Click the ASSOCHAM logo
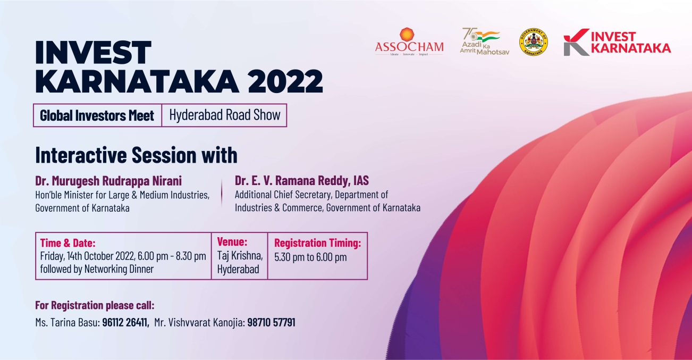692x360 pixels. click(x=409, y=41)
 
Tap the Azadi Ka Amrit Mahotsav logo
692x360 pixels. click(x=484, y=41)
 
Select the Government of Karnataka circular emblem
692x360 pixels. click(x=534, y=42)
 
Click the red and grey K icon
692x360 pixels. click(x=576, y=42)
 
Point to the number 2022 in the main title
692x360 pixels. click(x=285, y=81)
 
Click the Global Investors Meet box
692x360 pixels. click(x=97, y=115)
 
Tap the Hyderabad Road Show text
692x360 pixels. click(x=225, y=115)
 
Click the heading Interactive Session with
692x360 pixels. click(x=136, y=155)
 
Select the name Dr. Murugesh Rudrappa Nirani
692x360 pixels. click(x=108, y=181)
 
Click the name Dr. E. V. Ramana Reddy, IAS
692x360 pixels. click(x=302, y=180)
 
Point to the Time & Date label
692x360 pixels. click(x=67, y=243)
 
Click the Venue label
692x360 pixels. click(x=232, y=241)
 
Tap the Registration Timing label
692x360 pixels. click(x=318, y=243)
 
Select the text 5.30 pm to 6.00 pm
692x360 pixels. click(x=310, y=257)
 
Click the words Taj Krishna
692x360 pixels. click(x=240, y=256)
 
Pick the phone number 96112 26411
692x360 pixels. click(x=124, y=322)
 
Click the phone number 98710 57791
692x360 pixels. click(x=271, y=322)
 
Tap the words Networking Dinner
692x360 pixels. click(x=119, y=269)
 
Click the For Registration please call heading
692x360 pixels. click(x=95, y=305)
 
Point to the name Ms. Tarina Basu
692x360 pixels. click(x=67, y=322)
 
